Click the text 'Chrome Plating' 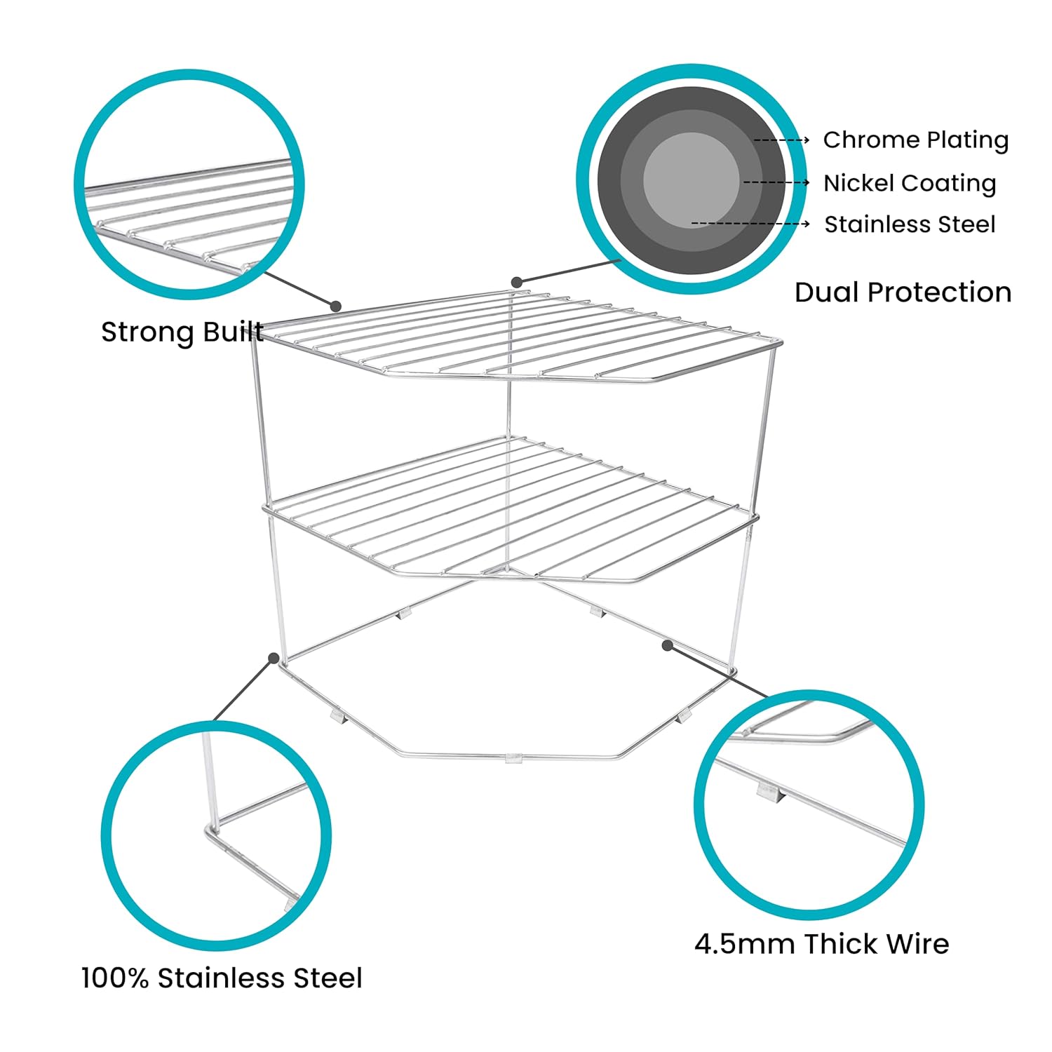pyautogui.click(x=916, y=140)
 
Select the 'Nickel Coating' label pyautogui.click(x=910, y=183)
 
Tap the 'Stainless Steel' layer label pyautogui.click(x=910, y=224)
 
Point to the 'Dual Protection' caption pyautogui.click(x=903, y=292)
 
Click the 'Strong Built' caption pyautogui.click(x=182, y=332)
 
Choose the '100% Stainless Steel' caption pyautogui.click(x=222, y=978)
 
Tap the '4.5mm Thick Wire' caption pyautogui.click(x=821, y=944)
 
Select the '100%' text pyautogui.click(x=115, y=978)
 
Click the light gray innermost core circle pyautogui.click(x=692, y=180)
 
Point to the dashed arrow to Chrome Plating pyautogui.click(x=781, y=140)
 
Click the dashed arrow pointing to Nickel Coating pyautogui.click(x=776, y=182)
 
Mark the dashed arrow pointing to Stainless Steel pyautogui.click(x=750, y=224)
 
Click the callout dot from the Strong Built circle pyautogui.click(x=336, y=306)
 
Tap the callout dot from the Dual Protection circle pyautogui.click(x=517, y=282)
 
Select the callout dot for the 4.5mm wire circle pyautogui.click(x=668, y=645)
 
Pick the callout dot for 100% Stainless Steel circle pyautogui.click(x=273, y=657)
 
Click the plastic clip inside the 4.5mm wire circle pyautogui.click(x=769, y=793)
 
